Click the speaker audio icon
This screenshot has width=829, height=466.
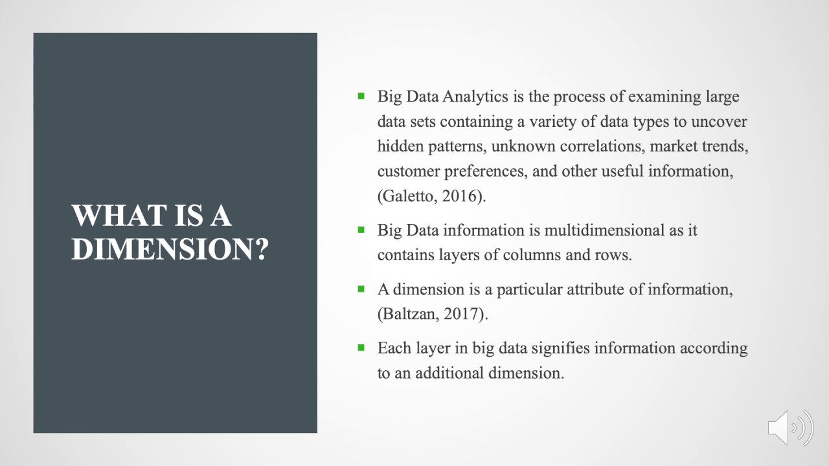click(790, 427)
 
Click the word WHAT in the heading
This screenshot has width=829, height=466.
click(106, 216)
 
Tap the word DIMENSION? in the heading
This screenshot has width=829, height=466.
click(170, 249)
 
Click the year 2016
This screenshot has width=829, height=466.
click(462, 197)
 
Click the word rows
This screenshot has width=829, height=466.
click(612, 255)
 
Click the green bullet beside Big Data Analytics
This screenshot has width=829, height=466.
click(361, 96)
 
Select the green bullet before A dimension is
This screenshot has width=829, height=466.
click(361, 288)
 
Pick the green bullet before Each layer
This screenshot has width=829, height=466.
click(361, 347)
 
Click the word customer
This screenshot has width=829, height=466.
click(405, 172)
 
